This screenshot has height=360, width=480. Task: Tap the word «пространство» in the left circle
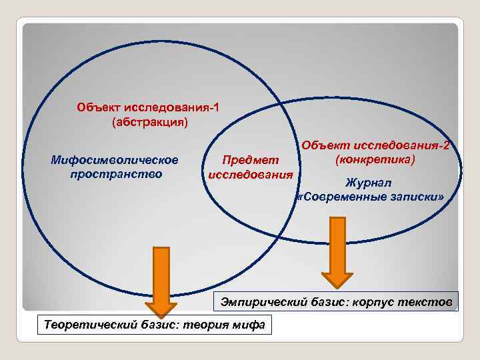click(x=115, y=174)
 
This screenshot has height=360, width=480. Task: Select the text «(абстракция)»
click(x=151, y=122)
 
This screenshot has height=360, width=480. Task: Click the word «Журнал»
click(x=369, y=183)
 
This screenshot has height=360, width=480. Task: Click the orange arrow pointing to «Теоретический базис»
click(x=161, y=279)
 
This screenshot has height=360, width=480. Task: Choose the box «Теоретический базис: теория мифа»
click(x=154, y=325)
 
